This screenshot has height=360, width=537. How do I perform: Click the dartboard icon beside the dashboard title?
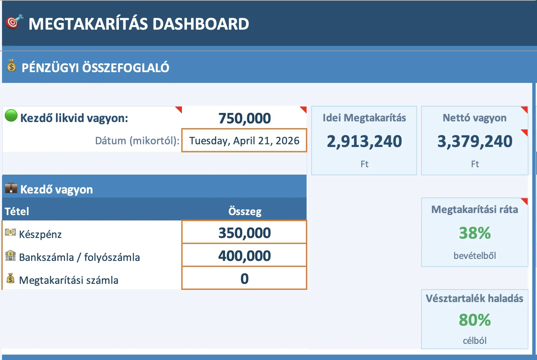pyautogui.click(x=14, y=22)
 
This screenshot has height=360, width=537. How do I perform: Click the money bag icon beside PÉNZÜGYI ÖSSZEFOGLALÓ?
pyautogui.click(x=11, y=65)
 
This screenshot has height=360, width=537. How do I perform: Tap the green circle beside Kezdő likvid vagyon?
pyautogui.click(x=11, y=116)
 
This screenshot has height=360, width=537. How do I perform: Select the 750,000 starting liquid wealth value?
pyautogui.click(x=244, y=118)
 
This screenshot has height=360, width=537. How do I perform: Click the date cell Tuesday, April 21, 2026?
pyautogui.click(x=244, y=141)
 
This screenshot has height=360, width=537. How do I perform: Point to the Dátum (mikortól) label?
pyautogui.click(x=137, y=141)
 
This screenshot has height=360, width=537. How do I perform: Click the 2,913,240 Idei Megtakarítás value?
pyautogui.click(x=364, y=141)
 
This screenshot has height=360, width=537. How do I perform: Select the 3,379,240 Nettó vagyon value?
pyautogui.click(x=475, y=141)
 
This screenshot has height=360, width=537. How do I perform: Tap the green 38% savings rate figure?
pyautogui.click(x=475, y=233)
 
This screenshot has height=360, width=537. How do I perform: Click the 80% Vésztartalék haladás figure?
pyautogui.click(x=475, y=320)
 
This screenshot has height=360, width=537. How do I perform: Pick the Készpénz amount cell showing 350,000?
pyautogui.click(x=244, y=233)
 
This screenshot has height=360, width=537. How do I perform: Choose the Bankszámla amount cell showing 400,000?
pyautogui.click(x=244, y=256)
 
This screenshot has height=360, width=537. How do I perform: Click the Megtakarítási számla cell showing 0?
pyautogui.click(x=244, y=278)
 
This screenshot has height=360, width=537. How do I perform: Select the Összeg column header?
pyautogui.click(x=245, y=211)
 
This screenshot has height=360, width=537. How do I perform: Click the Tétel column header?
pyautogui.click(x=17, y=211)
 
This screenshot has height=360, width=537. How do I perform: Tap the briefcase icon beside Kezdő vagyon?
pyautogui.click(x=11, y=188)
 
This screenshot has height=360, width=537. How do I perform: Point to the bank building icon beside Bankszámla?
pyautogui.click(x=10, y=256)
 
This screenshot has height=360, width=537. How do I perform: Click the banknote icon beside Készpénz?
pyautogui.click(x=10, y=232)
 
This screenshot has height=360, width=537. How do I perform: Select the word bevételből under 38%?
pyautogui.click(x=475, y=256)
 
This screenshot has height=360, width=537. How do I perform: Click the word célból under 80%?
pyautogui.click(x=475, y=340)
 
